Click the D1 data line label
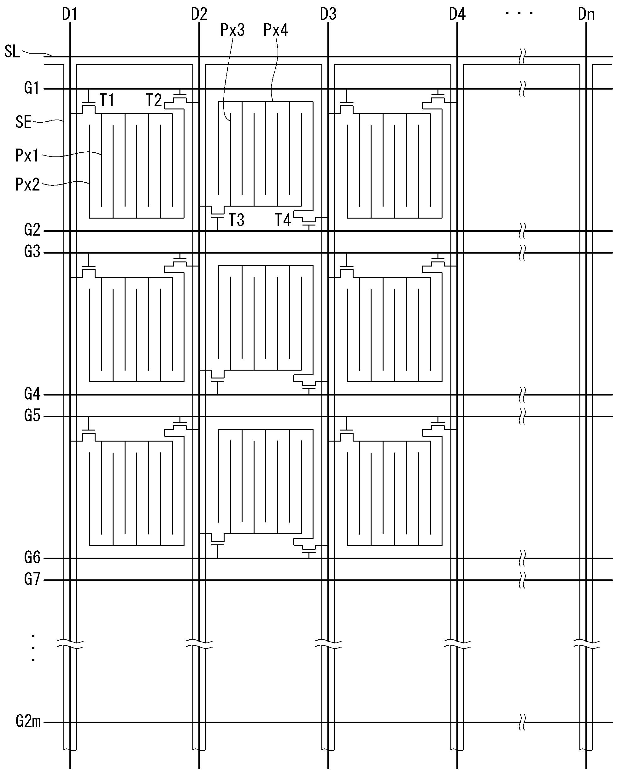(x=70, y=15)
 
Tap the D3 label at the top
(x=328, y=15)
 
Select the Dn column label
(x=586, y=15)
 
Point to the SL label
(x=12, y=52)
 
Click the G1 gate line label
(x=32, y=88)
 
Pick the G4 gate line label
(x=32, y=394)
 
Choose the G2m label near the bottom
(x=28, y=721)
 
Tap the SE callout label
(x=23, y=122)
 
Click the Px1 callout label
(x=27, y=156)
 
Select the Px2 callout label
(x=27, y=185)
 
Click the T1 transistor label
(x=107, y=100)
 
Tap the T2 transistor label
(x=154, y=100)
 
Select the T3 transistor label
(x=237, y=220)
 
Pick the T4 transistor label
(x=283, y=220)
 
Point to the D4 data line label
(x=457, y=15)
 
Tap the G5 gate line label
(x=32, y=416)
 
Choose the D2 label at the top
(x=199, y=15)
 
